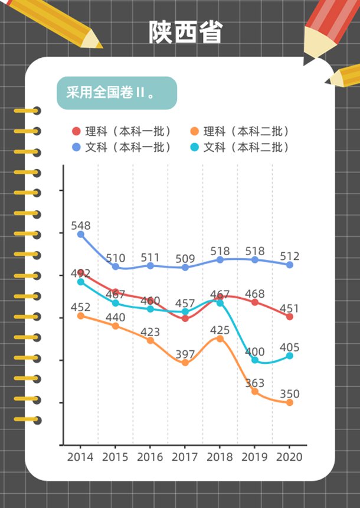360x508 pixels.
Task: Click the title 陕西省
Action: (185, 32)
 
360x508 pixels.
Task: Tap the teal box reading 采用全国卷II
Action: (116, 93)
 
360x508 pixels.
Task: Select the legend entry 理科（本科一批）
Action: (122, 132)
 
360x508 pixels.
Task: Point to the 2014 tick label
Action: (80, 457)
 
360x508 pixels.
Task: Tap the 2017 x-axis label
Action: (185, 457)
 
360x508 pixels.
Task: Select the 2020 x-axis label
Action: (289, 457)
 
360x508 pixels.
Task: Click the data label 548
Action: (81, 226)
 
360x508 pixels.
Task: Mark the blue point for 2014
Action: (81, 235)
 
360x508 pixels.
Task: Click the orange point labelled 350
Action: (290, 403)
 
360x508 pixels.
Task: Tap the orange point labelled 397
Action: (185, 363)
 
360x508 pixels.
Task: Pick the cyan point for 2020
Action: (290, 356)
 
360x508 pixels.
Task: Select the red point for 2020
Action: (290, 317)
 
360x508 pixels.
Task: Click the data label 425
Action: (220, 329)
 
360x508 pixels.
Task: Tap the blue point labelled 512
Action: (290, 265)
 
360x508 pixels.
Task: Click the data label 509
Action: (185, 258)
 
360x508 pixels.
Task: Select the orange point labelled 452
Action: (81, 315)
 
